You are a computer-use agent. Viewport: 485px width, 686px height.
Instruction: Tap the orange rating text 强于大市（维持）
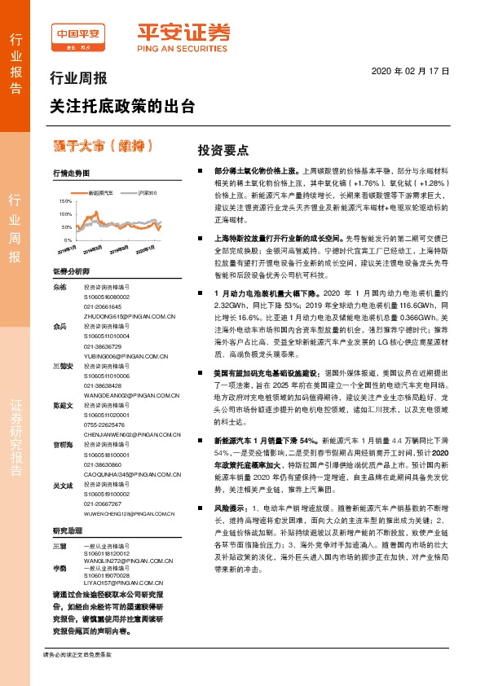tap(103, 146)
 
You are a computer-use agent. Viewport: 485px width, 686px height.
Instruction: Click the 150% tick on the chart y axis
tap(65, 200)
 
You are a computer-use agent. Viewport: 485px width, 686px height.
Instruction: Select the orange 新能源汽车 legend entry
tap(99, 192)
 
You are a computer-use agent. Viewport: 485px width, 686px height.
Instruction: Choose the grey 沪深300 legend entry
tap(148, 192)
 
